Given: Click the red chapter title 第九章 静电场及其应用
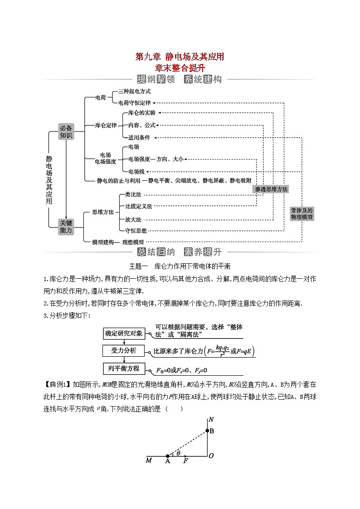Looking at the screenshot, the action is click(x=180, y=57).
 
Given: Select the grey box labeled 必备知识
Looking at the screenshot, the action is click(x=66, y=131).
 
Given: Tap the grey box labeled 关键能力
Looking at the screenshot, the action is click(x=66, y=226).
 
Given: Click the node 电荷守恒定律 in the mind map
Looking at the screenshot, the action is click(x=134, y=103).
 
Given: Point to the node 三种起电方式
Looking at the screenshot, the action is click(x=134, y=91).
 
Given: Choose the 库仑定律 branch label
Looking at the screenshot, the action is click(x=106, y=125).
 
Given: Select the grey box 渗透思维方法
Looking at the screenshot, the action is click(x=271, y=189).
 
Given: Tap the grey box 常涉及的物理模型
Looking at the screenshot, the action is click(x=302, y=213).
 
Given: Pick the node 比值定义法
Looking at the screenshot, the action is click(x=139, y=206).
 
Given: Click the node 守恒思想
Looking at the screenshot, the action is click(x=136, y=231).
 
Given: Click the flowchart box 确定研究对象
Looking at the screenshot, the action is click(x=124, y=334).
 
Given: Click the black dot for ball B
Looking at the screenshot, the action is click(x=207, y=431).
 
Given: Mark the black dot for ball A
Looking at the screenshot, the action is click(x=168, y=456).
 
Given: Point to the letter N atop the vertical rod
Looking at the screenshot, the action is click(x=210, y=420).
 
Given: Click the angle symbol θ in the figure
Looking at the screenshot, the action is click(x=178, y=452).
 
